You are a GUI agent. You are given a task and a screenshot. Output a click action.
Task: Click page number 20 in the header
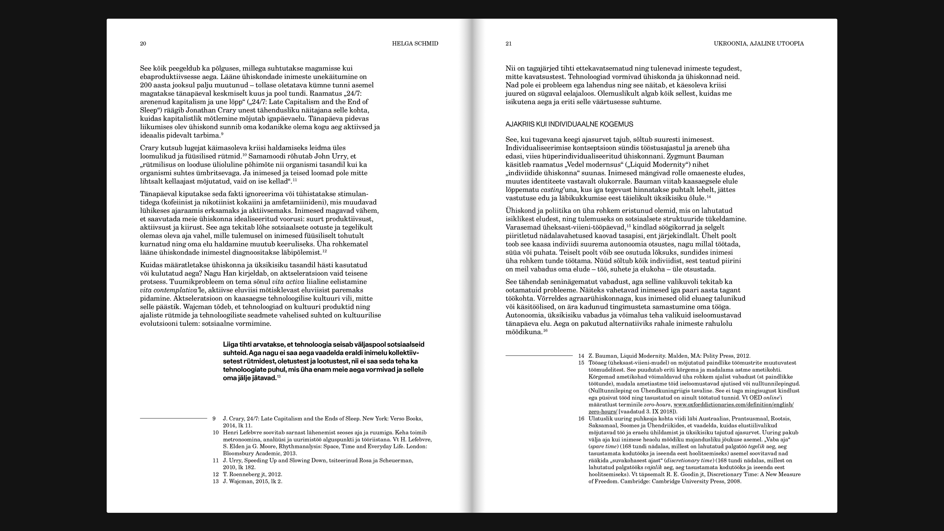[143, 44]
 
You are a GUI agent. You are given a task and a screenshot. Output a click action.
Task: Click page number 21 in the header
[509, 44]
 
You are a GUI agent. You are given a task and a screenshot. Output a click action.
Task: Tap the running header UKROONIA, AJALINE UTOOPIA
[759, 44]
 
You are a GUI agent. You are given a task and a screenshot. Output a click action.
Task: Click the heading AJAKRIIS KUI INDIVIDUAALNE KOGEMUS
[569, 124]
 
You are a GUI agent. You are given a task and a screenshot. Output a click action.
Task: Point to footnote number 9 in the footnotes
[214, 418]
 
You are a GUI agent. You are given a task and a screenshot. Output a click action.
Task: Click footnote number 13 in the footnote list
[216, 481]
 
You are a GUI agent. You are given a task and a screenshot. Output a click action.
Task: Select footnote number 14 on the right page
[581, 355]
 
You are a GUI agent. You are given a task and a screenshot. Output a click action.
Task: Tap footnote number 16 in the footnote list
[581, 418]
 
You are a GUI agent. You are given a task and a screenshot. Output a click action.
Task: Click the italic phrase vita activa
[288, 282]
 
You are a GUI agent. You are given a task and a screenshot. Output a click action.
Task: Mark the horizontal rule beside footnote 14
[539, 355]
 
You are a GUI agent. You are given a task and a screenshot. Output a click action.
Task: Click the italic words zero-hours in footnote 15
[657, 405]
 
